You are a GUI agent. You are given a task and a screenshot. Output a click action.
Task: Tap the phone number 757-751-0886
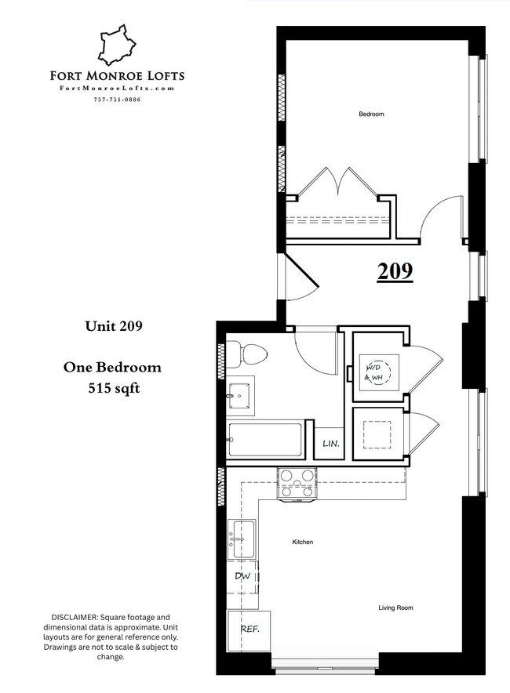tap(117, 100)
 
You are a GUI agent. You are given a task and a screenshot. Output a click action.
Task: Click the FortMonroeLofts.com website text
tap(117, 89)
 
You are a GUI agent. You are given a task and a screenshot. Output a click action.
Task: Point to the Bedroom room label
tap(371, 114)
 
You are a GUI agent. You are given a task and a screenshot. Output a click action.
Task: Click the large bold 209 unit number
tap(395, 271)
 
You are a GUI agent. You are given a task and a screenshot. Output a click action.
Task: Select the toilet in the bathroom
tap(250, 354)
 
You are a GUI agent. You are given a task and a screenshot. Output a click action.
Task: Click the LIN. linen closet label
tap(330, 444)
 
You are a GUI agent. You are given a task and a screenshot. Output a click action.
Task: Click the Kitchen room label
tap(303, 542)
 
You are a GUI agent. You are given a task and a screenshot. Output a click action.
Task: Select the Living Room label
tap(395, 608)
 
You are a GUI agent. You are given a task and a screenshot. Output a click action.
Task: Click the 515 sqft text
tap(112, 387)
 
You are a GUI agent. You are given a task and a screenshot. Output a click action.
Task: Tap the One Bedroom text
tap(112, 368)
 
